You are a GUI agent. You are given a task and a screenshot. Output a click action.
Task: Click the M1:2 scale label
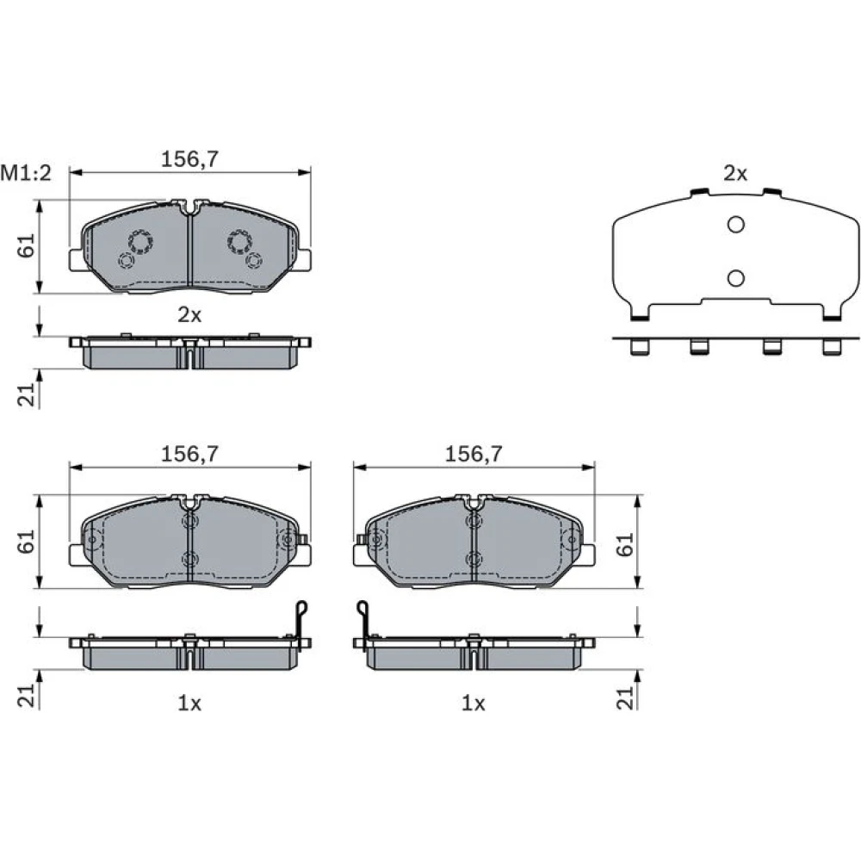(x=26, y=173)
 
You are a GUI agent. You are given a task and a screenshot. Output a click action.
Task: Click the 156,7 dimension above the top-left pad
(x=189, y=159)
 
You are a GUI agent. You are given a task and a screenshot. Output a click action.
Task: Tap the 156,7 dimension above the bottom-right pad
(x=474, y=454)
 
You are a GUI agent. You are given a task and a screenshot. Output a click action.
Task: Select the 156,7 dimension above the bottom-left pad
(x=189, y=454)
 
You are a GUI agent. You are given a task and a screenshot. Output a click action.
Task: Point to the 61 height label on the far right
(x=625, y=545)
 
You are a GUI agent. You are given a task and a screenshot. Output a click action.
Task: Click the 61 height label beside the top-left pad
(x=27, y=245)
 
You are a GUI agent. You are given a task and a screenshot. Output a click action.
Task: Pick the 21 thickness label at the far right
(x=625, y=697)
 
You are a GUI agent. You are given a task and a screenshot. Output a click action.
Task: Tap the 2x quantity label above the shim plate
(x=735, y=174)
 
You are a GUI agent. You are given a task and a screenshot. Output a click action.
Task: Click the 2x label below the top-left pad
(x=189, y=315)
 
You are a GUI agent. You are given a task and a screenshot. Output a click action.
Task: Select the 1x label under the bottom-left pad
(x=189, y=703)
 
